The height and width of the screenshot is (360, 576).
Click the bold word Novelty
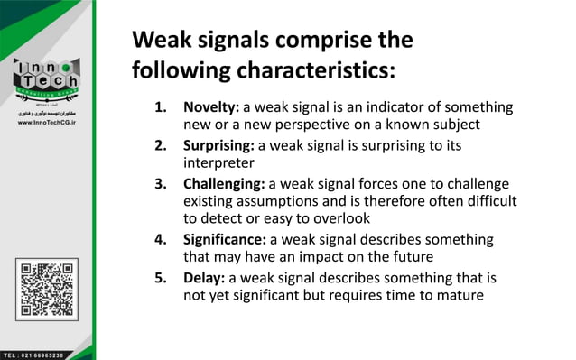[210, 107]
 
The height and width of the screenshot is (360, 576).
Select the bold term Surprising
[218, 145]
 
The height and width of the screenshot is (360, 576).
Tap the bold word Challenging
[224, 183]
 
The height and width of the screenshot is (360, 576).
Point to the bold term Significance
[224, 240]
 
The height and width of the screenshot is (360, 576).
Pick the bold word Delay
[204, 278]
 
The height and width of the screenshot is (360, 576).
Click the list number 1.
[162, 107]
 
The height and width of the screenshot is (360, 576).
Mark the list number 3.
[162, 183]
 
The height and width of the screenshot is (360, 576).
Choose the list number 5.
[162, 278]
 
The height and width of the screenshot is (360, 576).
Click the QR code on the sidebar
[46, 289]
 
